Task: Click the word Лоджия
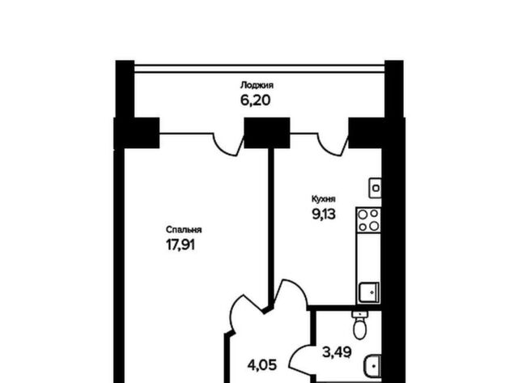click(257, 85)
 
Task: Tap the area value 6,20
click(256, 100)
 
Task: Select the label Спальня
click(184, 230)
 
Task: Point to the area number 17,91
click(180, 245)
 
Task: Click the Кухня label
click(324, 199)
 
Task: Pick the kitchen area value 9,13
click(324, 214)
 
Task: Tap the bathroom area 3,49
click(337, 352)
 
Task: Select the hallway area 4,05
click(262, 365)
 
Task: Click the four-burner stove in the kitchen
click(368, 219)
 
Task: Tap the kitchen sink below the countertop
click(369, 292)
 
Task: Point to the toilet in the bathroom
click(359, 325)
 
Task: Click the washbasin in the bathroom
click(374, 366)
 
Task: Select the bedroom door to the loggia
click(229, 144)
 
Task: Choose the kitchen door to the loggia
click(333, 144)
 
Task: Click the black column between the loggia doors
click(267, 133)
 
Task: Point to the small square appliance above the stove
click(376, 188)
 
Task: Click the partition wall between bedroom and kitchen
click(271, 228)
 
